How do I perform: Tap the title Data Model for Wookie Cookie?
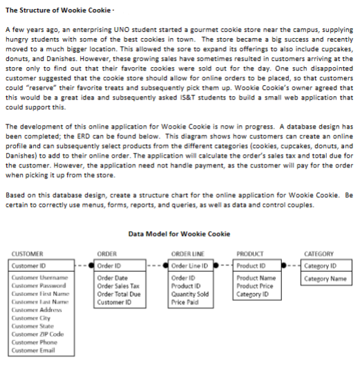(x=180, y=234)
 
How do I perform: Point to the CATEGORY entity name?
(x=319, y=255)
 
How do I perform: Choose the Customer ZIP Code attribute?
(x=35, y=333)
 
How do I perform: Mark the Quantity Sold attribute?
(x=189, y=294)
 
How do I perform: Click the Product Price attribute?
(x=254, y=286)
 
